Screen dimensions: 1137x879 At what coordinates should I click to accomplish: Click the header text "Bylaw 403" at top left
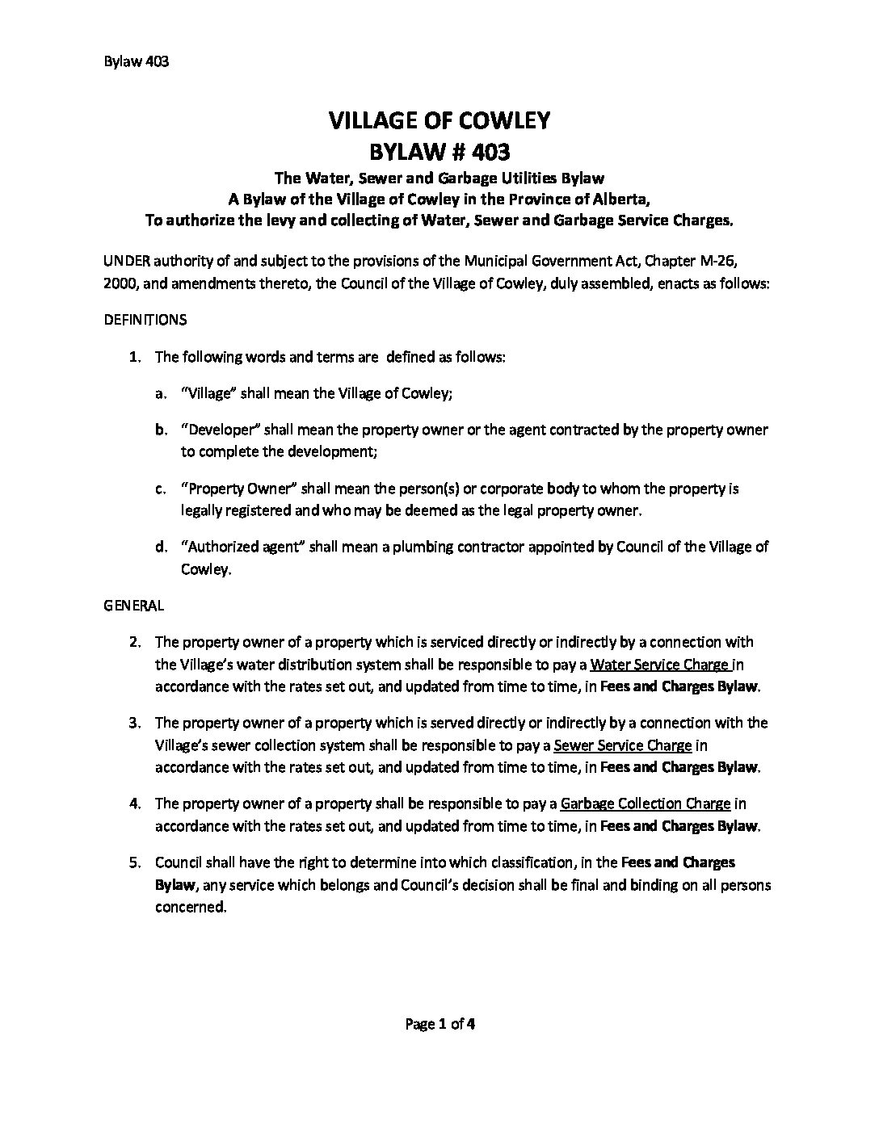[136, 62]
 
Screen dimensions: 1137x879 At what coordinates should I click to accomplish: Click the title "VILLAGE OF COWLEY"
[439, 121]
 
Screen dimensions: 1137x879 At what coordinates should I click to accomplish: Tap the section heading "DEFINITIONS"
[145, 320]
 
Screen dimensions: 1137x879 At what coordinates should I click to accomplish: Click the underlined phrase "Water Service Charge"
[660, 665]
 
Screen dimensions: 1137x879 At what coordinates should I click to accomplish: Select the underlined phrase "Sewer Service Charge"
[623, 745]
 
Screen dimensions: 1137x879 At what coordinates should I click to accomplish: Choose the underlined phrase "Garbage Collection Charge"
[646, 803]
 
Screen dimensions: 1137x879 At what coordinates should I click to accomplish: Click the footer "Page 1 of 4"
[439, 1025]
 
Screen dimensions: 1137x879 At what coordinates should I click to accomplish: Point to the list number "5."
[136, 862]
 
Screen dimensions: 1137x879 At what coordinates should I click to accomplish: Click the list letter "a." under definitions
[160, 394]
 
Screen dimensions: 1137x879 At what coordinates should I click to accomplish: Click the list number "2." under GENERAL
[136, 643]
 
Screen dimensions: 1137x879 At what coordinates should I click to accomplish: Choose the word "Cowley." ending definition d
[206, 568]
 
